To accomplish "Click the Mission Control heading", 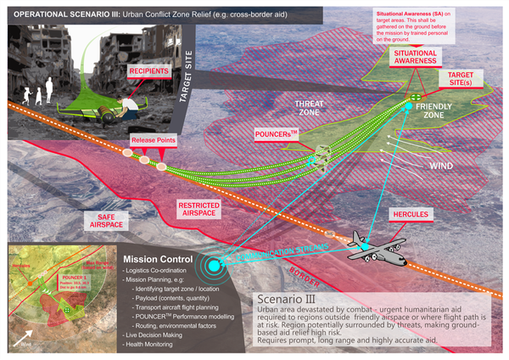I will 158,259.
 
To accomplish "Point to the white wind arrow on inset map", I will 20,339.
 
